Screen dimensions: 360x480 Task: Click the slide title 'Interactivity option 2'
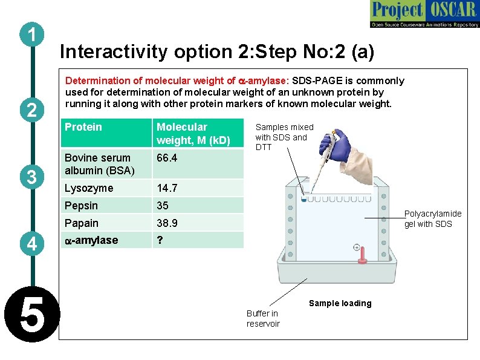(x=217, y=52)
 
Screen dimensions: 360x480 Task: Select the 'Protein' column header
(x=83, y=127)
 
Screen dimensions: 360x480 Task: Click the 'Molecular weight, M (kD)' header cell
(x=193, y=134)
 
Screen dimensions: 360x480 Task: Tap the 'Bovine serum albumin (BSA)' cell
(x=99, y=164)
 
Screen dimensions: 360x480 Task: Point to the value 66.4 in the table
(x=167, y=158)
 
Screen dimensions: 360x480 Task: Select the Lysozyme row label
(x=89, y=188)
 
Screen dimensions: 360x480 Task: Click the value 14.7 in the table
(x=167, y=188)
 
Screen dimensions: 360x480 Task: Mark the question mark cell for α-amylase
(x=160, y=240)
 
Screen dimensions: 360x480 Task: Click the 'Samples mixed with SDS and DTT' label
(x=284, y=137)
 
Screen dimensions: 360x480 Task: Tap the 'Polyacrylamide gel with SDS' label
(x=432, y=219)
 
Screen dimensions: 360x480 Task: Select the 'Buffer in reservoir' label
(x=262, y=318)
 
